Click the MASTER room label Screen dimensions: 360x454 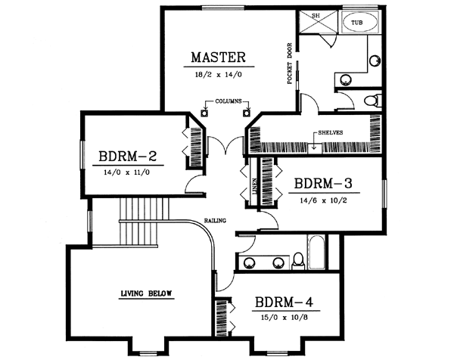tap(218, 57)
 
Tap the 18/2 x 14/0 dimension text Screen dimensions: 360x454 tap(218, 73)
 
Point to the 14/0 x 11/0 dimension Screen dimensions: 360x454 tap(126, 172)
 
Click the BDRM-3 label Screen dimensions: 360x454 tap(323, 184)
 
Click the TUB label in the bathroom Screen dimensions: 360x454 tap(356, 23)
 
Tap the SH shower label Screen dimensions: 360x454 tap(305, 16)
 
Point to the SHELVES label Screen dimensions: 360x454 tap(331, 132)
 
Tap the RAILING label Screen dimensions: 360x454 tap(213, 221)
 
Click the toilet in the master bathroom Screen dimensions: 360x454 tap(371, 100)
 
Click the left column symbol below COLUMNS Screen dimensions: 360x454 tap(205, 113)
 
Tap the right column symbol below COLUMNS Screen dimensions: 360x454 tap(246, 113)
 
